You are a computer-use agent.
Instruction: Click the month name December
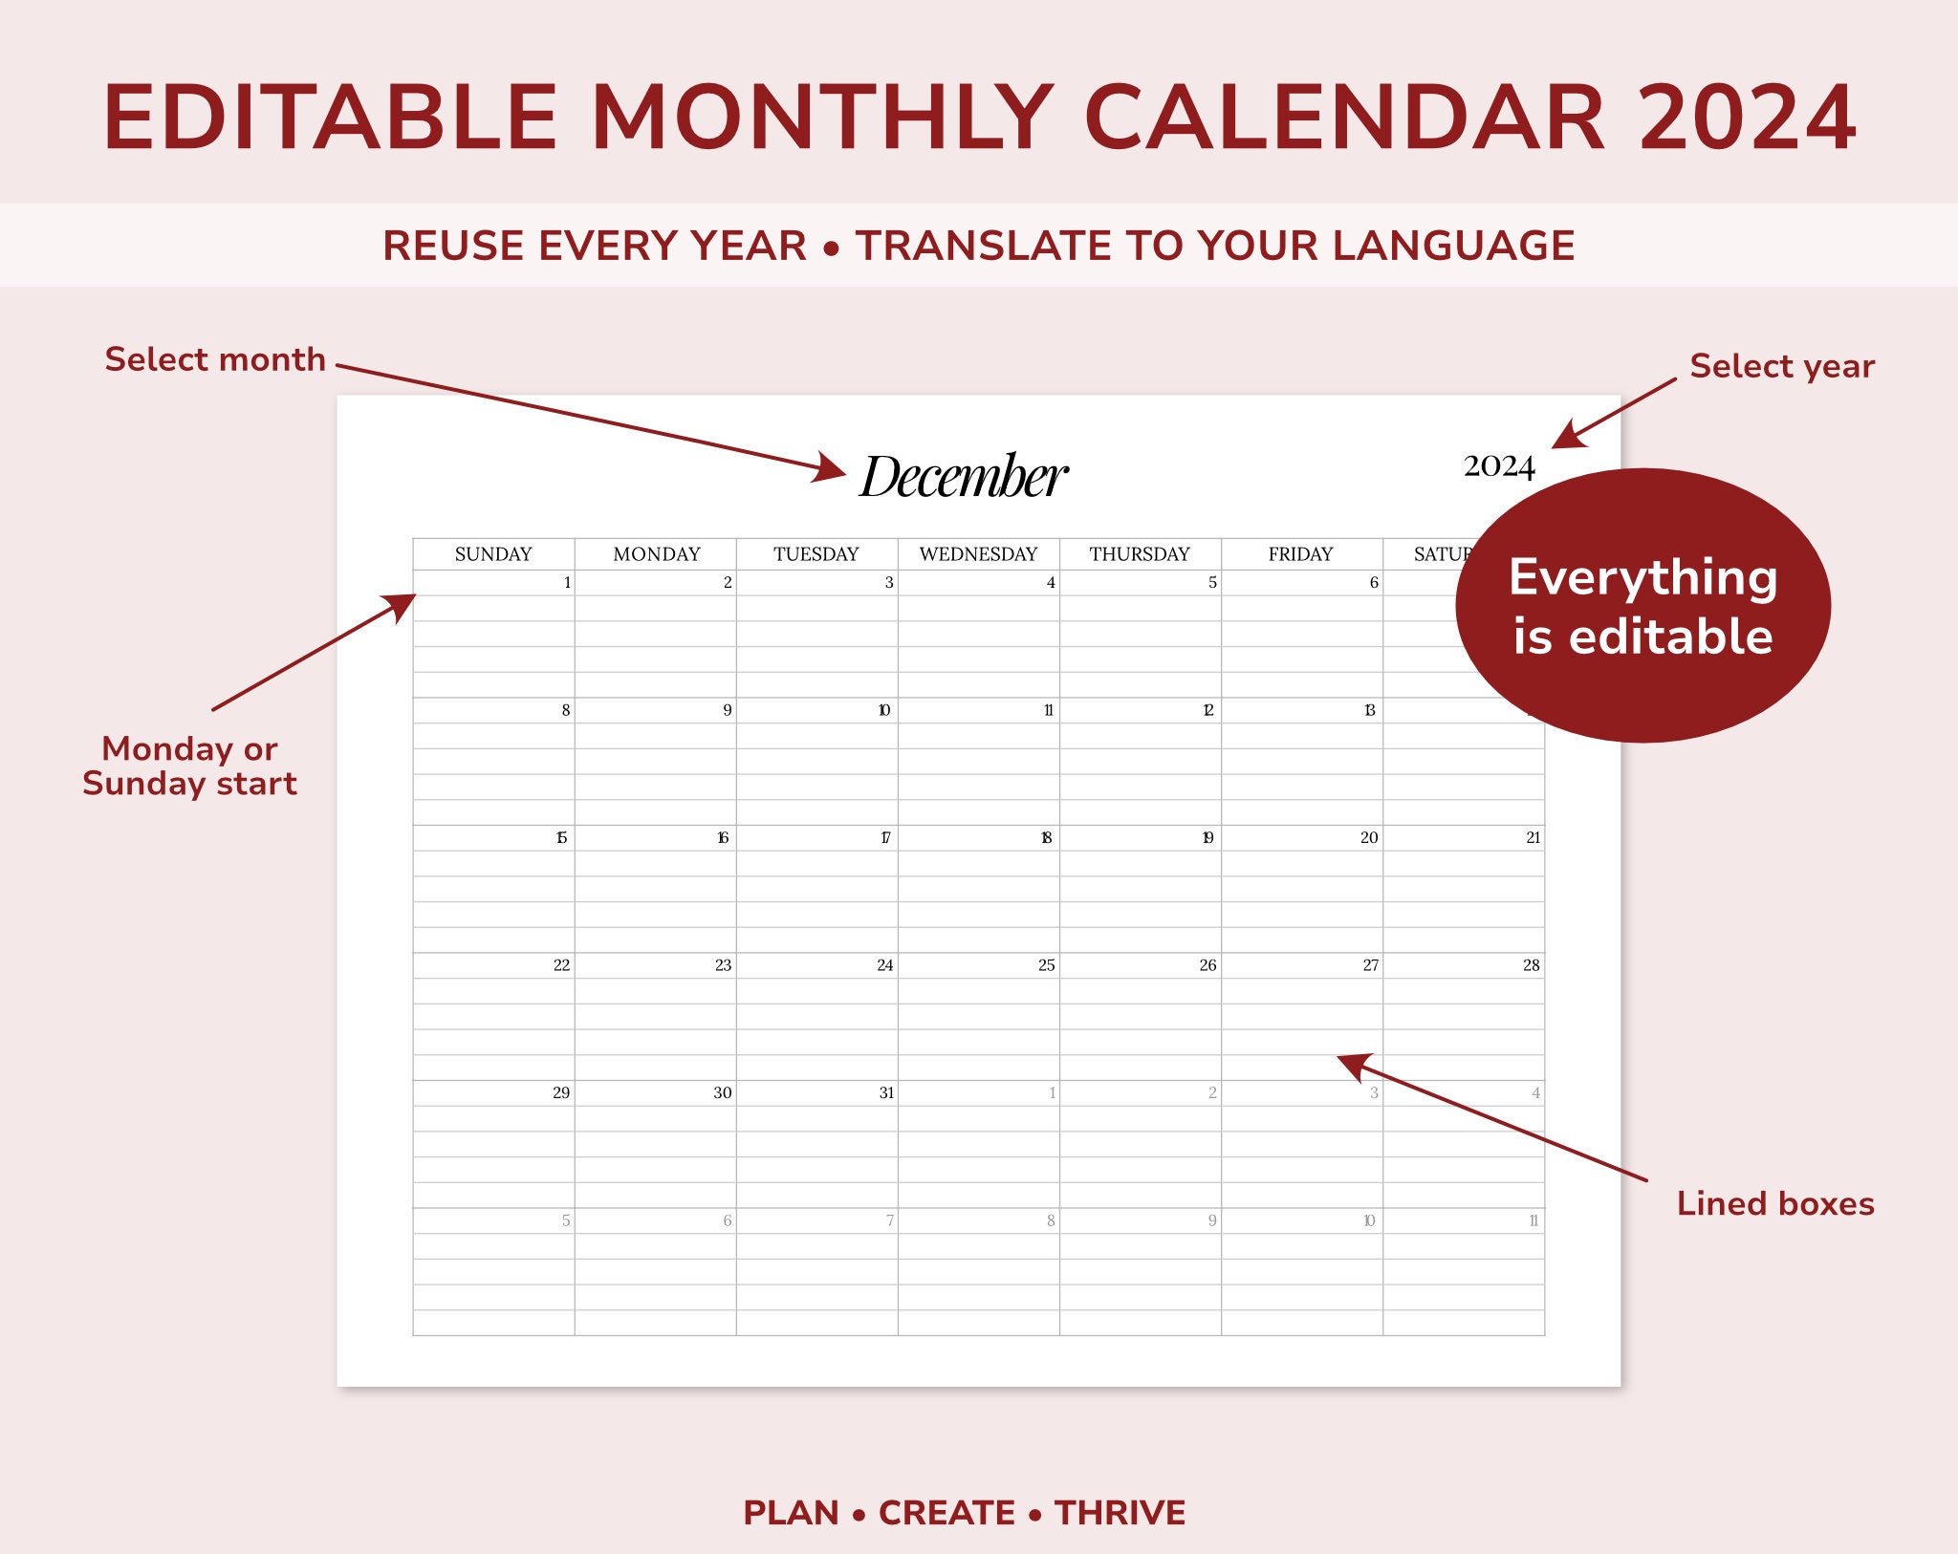(x=964, y=476)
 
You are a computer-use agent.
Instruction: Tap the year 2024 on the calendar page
(x=1498, y=466)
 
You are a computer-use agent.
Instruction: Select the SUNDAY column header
(x=493, y=554)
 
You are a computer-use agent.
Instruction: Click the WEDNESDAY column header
(x=978, y=554)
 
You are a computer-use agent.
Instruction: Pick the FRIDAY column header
(x=1300, y=554)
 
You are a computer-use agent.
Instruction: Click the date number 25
(x=1047, y=965)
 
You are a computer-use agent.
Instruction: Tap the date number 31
(x=886, y=1092)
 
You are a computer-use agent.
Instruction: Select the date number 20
(x=1369, y=837)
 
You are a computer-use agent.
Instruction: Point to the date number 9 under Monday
(x=728, y=710)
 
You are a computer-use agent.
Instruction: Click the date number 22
(x=561, y=965)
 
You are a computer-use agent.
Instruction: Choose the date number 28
(x=1531, y=965)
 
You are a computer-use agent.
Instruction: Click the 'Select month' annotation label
(x=215, y=359)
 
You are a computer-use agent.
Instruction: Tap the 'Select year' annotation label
(x=1781, y=366)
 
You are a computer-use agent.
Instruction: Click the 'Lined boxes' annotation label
(x=1775, y=1203)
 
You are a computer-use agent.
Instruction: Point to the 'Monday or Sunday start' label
(x=189, y=766)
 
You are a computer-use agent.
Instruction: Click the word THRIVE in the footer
(x=1120, y=1513)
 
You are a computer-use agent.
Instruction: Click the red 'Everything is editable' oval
(x=1643, y=606)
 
